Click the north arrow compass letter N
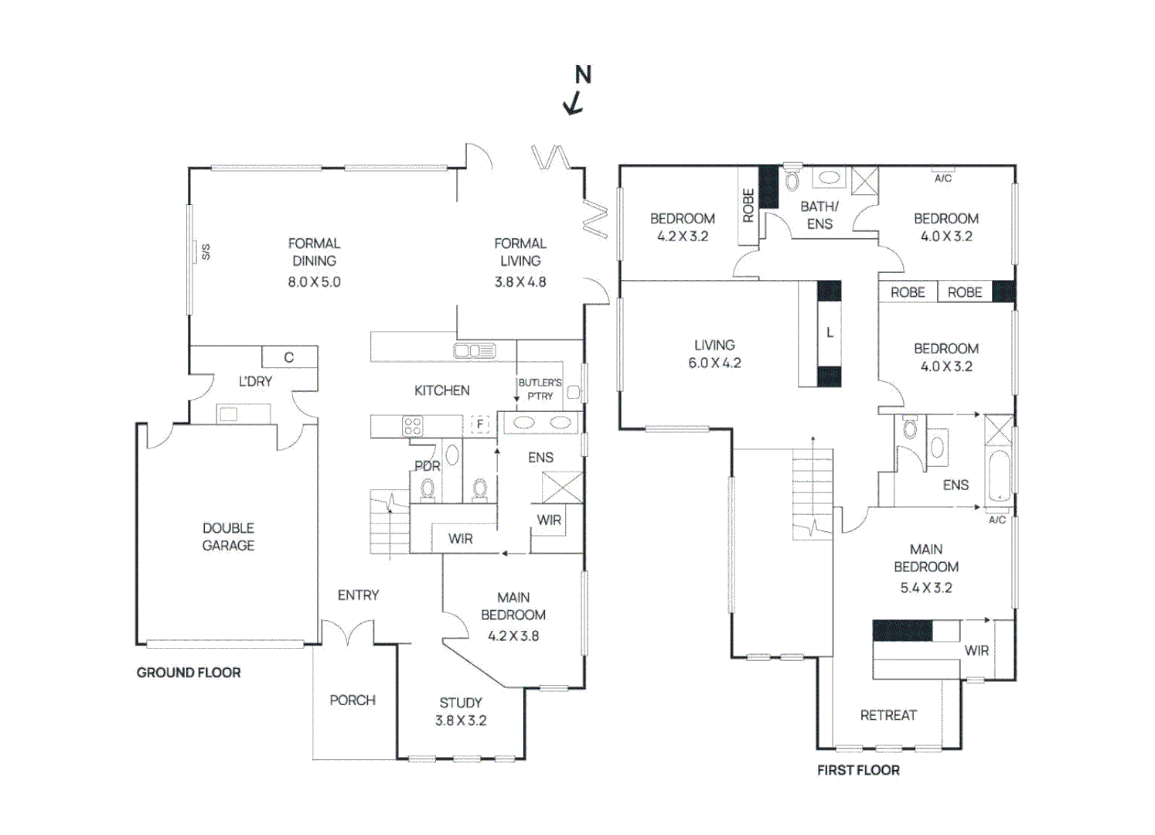(x=583, y=75)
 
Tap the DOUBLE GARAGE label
(x=228, y=537)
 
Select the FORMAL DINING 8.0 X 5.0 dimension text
(x=314, y=282)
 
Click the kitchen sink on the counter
(x=474, y=351)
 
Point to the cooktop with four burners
(x=413, y=426)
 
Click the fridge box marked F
(x=480, y=424)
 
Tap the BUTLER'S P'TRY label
(x=540, y=389)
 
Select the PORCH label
(x=353, y=700)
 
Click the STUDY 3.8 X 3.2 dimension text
(x=461, y=721)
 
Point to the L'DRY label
(x=255, y=381)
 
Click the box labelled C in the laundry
(x=289, y=357)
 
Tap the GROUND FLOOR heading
(x=189, y=673)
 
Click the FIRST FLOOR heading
(x=858, y=770)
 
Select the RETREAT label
(x=888, y=715)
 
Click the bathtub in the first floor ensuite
(x=999, y=475)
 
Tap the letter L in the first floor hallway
(x=830, y=332)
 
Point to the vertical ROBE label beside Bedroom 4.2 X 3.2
(x=748, y=206)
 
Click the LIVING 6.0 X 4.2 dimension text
(x=714, y=363)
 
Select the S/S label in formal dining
(x=206, y=252)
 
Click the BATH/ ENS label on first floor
(x=819, y=215)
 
